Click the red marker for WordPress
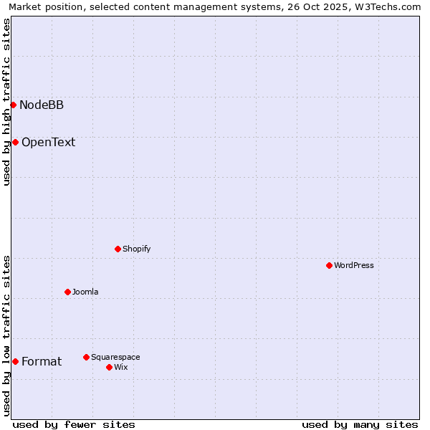(329, 265)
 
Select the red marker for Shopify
(118, 249)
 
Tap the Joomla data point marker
(67, 292)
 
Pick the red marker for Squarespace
(86, 357)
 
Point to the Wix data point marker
(109, 367)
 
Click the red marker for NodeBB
(13, 105)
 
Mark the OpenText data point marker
(15, 142)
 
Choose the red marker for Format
(15, 361)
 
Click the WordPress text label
(354, 265)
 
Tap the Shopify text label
(136, 249)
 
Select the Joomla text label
(85, 292)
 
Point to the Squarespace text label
(115, 357)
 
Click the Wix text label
(121, 367)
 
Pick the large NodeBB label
(42, 105)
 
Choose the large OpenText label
(48, 142)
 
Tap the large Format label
(42, 361)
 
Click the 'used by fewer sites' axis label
(74, 424)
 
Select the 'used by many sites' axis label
(360, 424)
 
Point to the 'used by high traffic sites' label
(7, 102)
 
